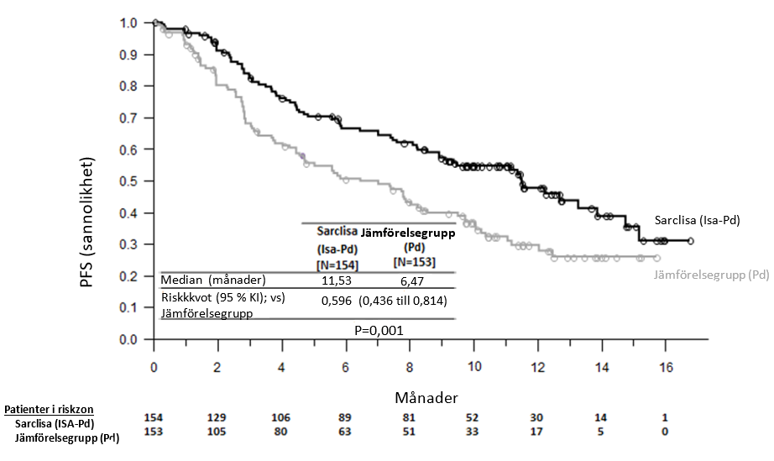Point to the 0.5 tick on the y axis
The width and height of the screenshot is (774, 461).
pos(129,181)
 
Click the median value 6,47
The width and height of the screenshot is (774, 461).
pos(411,280)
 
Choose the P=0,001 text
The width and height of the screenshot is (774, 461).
pos(381,330)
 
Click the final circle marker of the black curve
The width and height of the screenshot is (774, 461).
pos(691,241)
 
